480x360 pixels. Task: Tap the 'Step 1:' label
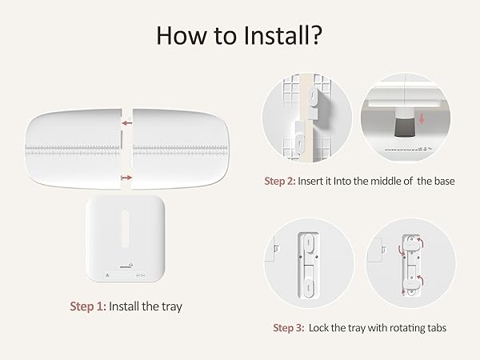(88, 306)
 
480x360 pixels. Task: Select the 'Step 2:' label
(280, 181)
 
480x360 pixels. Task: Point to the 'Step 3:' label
(289, 328)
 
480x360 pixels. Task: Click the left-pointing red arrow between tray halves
(127, 123)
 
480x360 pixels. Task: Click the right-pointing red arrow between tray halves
(126, 178)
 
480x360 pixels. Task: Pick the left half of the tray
(74, 149)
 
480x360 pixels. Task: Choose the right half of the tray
(181, 149)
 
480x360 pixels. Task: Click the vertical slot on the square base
(126, 228)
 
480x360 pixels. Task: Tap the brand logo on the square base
(126, 266)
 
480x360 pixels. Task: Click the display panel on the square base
(126, 275)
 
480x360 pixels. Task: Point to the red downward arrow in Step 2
(422, 118)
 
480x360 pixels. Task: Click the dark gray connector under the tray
(404, 127)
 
